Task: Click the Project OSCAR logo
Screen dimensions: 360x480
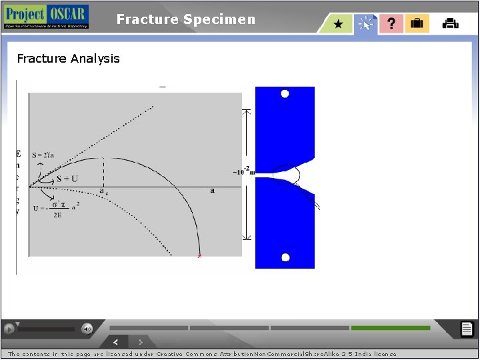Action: (x=45, y=17)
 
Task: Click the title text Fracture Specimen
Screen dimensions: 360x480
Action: (x=185, y=19)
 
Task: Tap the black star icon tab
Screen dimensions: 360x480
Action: (x=339, y=24)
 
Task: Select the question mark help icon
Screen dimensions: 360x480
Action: (x=391, y=24)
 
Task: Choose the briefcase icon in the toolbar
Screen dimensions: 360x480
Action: (x=417, y=24)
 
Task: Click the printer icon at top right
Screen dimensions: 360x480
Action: (x=451, y=24)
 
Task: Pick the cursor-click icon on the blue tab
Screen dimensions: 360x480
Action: (x=365, y=24)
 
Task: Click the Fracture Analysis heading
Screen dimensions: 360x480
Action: (x=68, y=59)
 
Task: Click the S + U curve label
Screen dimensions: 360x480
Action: (x=67, y=179)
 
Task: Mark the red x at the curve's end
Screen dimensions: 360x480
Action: (x=199, y=256)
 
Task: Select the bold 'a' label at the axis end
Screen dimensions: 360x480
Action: (x=213, y=191)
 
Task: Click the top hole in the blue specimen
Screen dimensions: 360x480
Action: (x=285, y=94)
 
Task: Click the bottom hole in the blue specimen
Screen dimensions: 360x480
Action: (x=285, y=257)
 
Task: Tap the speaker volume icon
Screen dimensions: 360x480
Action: (x=87, y=328)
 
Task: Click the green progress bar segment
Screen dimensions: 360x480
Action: (x=390, y=328)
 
